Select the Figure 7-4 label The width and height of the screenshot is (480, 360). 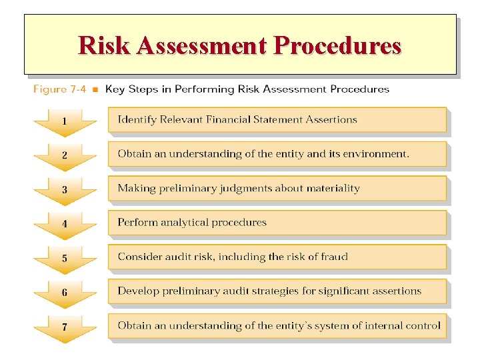[x=59, y=89]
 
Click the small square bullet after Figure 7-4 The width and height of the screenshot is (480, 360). [x=95, y=89]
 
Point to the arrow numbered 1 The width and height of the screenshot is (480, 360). [x=65, y=122]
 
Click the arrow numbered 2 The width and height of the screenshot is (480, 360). [x=65, y=156]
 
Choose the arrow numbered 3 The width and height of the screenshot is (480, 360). [x=65, y=191]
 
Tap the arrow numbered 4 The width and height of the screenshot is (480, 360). [x=65, y=225]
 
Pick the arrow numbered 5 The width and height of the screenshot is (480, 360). [x=65, y=259]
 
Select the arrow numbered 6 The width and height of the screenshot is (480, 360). [x=65, y=293]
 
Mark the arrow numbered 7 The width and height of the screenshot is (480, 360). [x=65, y=328]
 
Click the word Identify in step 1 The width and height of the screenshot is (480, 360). [x=137, y=120]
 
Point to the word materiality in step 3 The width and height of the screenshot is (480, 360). [x=332, y=188]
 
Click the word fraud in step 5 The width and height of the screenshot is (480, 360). [x=333, y=257]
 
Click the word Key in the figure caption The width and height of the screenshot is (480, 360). [x=115, y=89]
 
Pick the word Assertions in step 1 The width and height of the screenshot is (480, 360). [x=331, y=120]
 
